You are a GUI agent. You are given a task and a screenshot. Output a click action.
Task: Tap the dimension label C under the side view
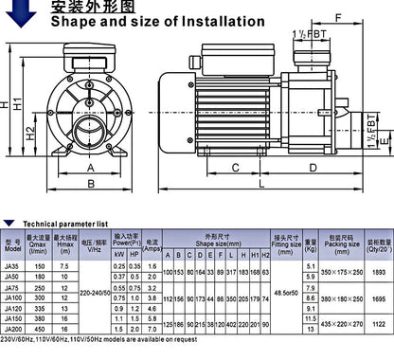(235, 170)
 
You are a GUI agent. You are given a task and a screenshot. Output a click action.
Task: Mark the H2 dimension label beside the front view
(30, 133)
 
